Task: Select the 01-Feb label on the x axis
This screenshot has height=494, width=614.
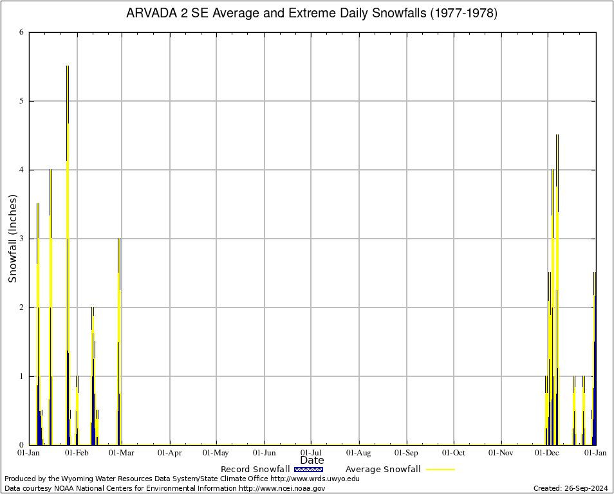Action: pos(77,453)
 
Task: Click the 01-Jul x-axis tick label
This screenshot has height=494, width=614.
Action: pos(312,453)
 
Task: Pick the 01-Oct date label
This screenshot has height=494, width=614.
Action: pos(453,453)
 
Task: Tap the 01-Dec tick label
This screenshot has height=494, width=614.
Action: pos(548,453)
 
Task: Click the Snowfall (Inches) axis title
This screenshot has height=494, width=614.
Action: pos(13,239)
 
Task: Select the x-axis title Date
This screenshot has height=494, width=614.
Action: pos(312,461)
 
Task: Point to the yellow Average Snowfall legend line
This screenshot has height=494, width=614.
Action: pos(440,470)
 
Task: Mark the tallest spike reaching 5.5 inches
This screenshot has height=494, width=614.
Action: pos(68,67)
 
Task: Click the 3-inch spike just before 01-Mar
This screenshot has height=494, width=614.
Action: pos(119,239)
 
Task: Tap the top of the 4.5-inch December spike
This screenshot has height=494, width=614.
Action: pos(557,136)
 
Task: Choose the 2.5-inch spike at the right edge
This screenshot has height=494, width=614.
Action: pos(595,273)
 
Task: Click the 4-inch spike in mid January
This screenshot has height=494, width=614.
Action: pos(50,170)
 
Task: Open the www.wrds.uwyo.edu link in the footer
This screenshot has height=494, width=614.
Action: pos(315,479)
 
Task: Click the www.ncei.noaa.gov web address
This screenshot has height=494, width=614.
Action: pos(282,488)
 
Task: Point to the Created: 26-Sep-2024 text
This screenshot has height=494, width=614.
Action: pos(570,488)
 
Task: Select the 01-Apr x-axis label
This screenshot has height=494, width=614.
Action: pos(170,453)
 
